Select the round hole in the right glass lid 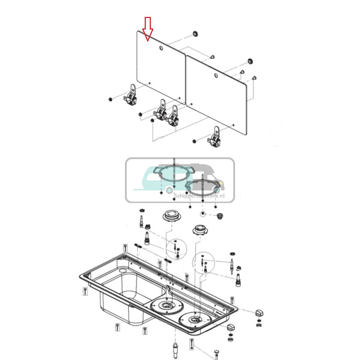[215, 76]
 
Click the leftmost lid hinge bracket [131, 97]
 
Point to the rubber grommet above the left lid [195, 34]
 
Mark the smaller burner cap [200, 229]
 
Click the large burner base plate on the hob [166, 306]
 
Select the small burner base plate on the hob [195, 320]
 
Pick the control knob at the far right [259, 312]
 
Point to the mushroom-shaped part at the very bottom [216, 351]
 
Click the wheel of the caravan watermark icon [168, 190]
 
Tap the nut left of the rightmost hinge [194, 141]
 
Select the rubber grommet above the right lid [250, 60]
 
